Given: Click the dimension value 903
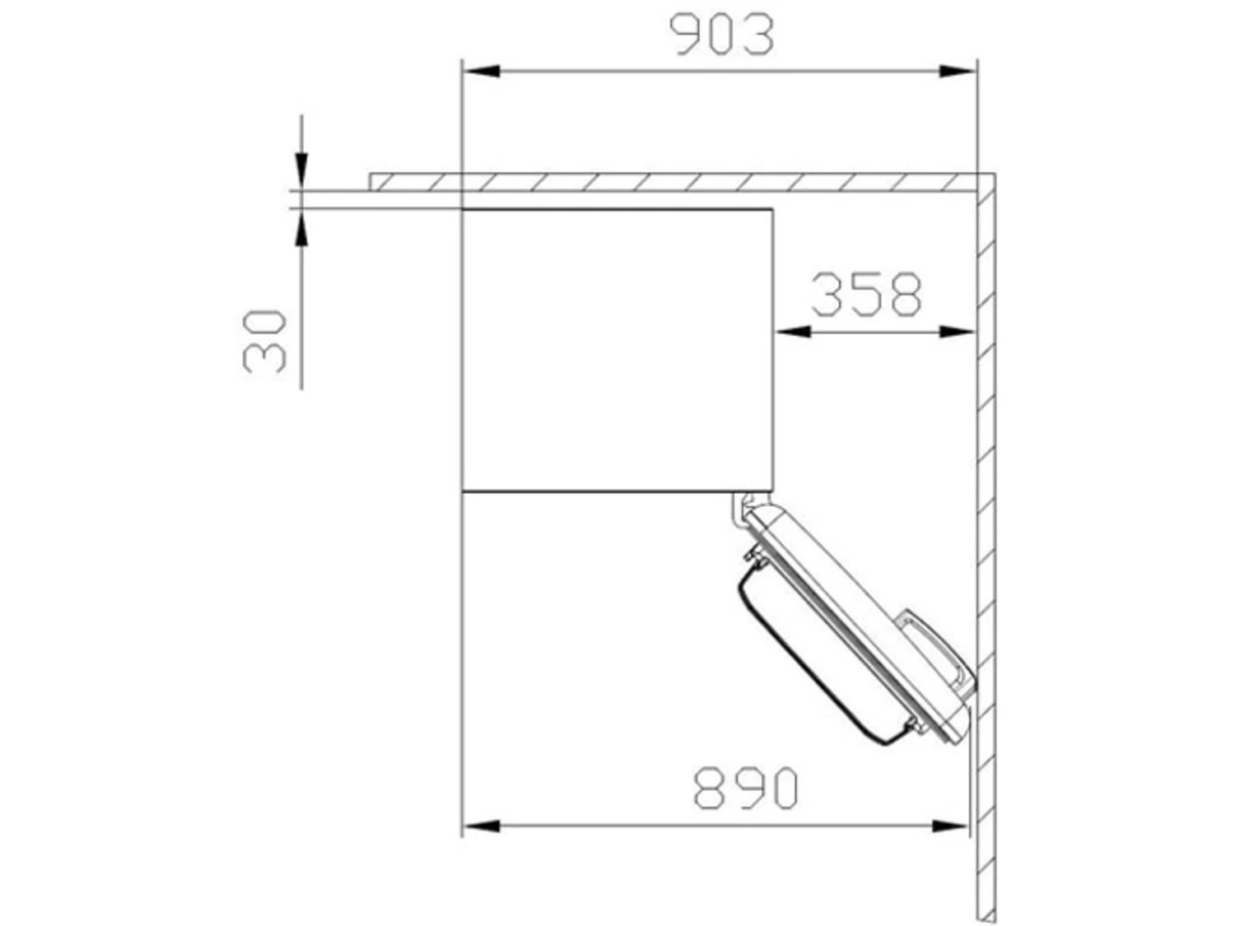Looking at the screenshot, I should click(x=722, y=35).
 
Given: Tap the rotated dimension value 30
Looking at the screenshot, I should click(x=265, y=340).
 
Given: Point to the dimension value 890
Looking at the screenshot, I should click(x=745, y=788).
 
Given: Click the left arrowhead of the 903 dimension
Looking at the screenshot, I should click(x=482, y=72).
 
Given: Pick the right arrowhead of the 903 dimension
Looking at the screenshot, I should click(x=958, y=72).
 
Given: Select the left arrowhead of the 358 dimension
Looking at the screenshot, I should click(x=793, y=332).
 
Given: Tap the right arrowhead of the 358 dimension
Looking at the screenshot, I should click(x=958, y=332).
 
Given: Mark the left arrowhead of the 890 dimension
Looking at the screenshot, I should click(x=482, y=825).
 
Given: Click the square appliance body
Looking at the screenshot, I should click(x=617, y=350).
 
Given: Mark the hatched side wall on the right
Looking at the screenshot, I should click(x=986, y=535).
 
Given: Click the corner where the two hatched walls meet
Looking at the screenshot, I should click(x=986, y=182).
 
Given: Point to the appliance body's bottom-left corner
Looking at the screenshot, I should click(x=463, y=491).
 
